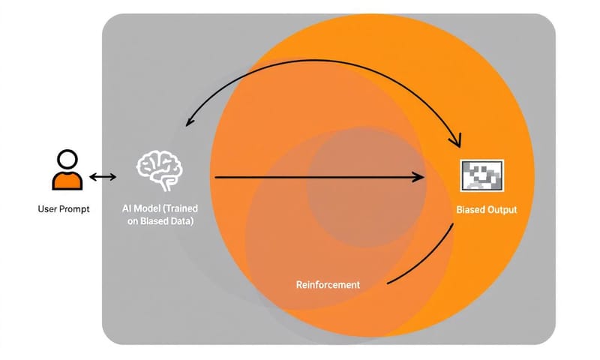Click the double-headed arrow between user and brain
point(102,177)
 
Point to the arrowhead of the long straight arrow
point(419,178)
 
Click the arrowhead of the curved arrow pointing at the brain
point(192,120)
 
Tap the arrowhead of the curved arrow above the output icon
point(454,140)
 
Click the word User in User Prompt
point(47,209)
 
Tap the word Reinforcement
point(328,285)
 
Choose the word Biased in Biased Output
point(470,210)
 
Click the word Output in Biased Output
point(502,210)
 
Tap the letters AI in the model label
point(126,207)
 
